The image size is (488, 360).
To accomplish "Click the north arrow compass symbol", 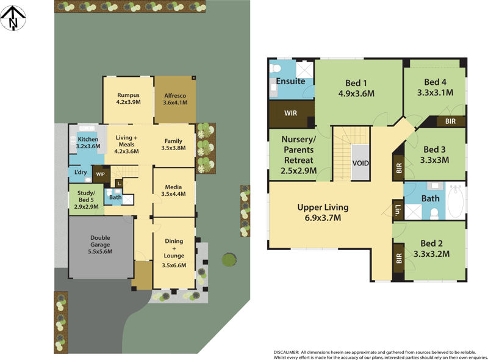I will click(13, 18).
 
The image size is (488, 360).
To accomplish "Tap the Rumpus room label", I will click(128, 95).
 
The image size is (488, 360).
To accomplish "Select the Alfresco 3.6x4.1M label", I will click(174, 99).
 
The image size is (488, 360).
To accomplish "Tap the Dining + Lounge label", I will click(174, 253).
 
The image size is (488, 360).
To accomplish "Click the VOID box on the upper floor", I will click(361, 164).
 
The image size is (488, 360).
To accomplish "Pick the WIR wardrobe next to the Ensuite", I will click(291, 113).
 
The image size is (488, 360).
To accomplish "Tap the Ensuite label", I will click(290, 81).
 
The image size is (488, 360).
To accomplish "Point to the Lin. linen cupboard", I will click(398, 210).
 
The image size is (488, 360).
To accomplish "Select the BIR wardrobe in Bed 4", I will click(450, 121).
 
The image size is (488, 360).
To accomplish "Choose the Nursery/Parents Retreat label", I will click(299, 155).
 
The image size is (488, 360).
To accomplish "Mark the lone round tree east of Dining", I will click(229, 260).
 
